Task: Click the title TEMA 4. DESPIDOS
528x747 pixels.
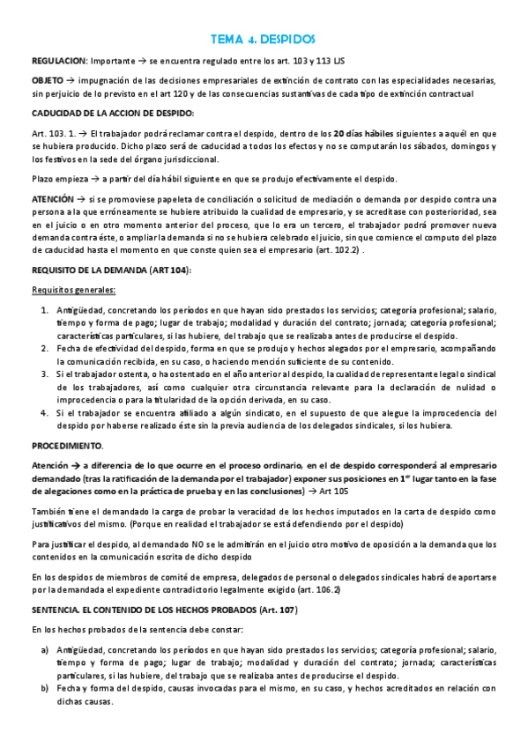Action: [264, 40]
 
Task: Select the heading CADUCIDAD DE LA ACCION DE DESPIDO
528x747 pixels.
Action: [113, 114]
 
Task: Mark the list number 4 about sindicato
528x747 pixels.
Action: [45, 412]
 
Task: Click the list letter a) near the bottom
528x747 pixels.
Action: [45, 650]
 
